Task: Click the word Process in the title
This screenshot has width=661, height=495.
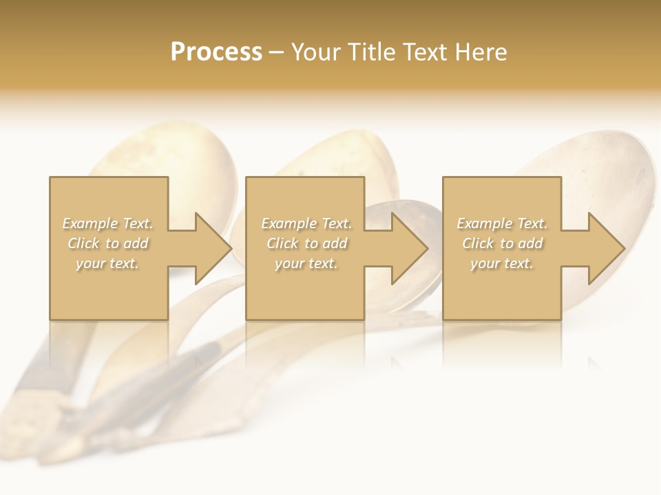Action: (216, 52)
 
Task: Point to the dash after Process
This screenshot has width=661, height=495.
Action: (277, 53)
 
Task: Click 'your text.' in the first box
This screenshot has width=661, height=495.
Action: (107, 263)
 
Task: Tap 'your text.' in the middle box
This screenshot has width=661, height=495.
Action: (306, 263)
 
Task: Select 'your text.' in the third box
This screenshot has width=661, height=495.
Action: (501, 263)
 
